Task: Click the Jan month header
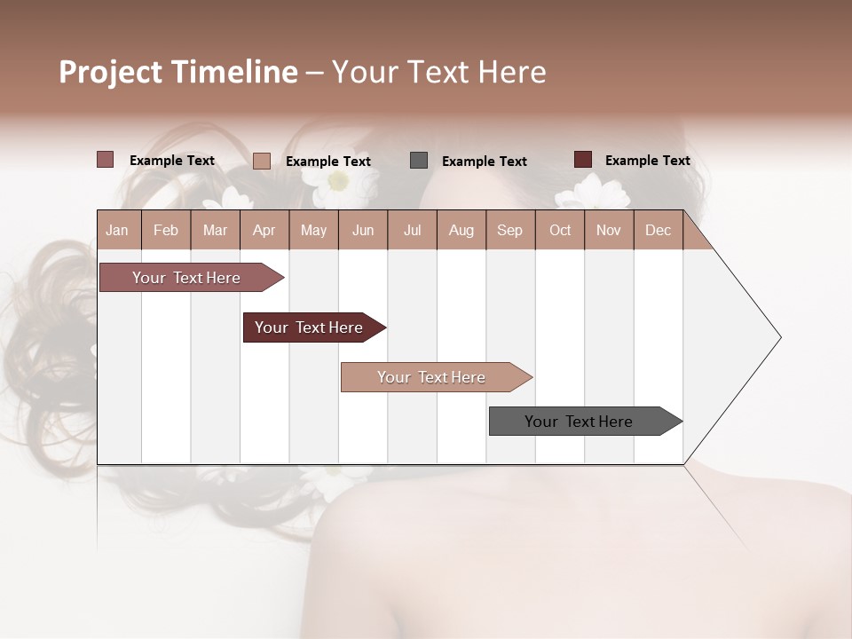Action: coord(117,231)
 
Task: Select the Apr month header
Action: coord(264,231)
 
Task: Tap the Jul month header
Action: coord(412,231)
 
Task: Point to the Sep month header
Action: coord(509,231)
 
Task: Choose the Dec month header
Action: coord(658,231)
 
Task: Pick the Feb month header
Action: coord(166,231)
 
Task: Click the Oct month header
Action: coord(560,231)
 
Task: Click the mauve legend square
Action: coord(105,160)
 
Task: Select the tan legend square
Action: coord(261,161)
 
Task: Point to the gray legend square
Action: coord(419,160)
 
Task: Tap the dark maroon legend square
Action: coord(582,160)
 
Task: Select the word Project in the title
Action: coord(109,73)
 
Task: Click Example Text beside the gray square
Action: coord(484,162)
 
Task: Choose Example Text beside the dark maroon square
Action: coord(647,161)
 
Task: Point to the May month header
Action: coord(313,231)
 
